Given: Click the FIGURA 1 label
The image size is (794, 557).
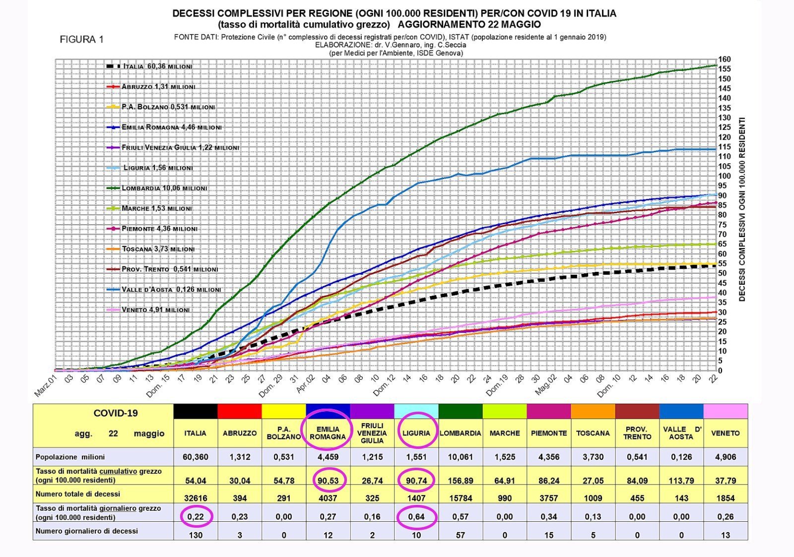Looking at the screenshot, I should tap(81, 40).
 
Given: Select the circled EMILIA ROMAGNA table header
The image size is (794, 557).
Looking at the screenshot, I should tap(328, 433).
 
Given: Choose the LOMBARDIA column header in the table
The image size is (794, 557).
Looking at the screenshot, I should tap(460, 433).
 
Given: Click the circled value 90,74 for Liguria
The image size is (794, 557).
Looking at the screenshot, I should tap(416, 480).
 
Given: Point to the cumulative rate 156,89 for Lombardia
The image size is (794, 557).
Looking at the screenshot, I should tap(460, 480).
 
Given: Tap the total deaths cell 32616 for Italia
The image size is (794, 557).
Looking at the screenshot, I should tap(195, 498).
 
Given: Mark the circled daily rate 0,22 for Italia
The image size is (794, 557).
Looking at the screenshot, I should tap(195, 516).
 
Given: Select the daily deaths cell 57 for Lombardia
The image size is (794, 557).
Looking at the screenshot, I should tap(460, 535).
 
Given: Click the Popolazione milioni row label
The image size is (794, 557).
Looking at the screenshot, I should tap(70, 457).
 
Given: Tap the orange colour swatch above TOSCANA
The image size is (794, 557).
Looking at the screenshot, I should tap(593, 411).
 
